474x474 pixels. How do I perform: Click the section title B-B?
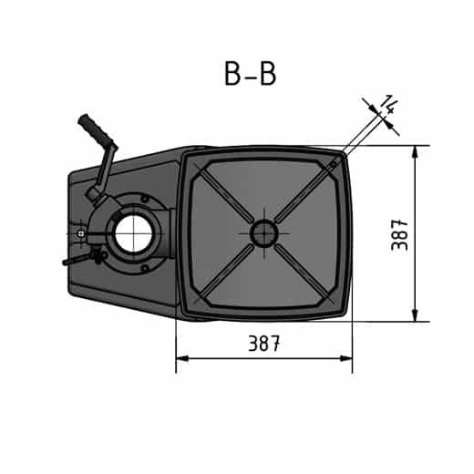pyautogui.click(x=250, y=74)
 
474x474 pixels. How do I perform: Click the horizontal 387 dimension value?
pyautogui.click(x=263, y=344)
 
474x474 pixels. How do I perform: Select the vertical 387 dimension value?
pyautogui.click(x=398, y=234)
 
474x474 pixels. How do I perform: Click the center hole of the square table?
pyautogui.click(x=263, y=233)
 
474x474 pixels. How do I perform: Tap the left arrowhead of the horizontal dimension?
pyautogui.click(x=181, y=358)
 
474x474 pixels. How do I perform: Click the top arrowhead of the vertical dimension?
pyautogui.click(x=415, y=151)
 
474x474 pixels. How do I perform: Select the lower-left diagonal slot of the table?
pyautogui.click(x=223, y=273)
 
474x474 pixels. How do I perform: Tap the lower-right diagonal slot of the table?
pyautogui.click(x=303, y=273)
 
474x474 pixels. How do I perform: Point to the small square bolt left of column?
pyautogui.click(x=81, y=232)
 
